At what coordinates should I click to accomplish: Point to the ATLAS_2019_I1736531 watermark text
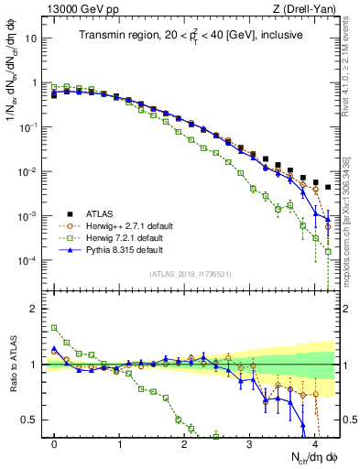point(191,274)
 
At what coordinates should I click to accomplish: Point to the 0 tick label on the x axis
point(55,443)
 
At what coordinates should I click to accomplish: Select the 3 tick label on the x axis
point(250,443)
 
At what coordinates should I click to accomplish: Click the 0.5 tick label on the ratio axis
point(30,420)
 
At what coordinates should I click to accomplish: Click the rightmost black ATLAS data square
point(328,187)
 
